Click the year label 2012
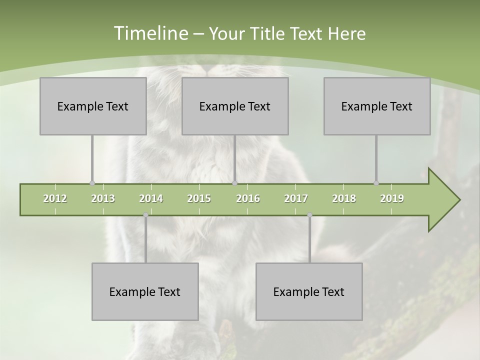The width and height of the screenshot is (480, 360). click(x=55, y=198)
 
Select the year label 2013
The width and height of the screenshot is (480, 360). click(x=103, y=198)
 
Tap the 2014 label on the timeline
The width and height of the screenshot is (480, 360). click(x=151, y=198)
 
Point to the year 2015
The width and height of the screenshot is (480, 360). click(x=199, y=198)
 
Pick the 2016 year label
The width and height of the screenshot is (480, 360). click(x=248, y=198)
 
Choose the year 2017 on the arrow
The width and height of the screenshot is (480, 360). click(x=296, y=198)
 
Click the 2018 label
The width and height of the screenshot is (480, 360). click(x=344, y=198)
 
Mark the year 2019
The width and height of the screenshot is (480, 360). click(x=392, y=198)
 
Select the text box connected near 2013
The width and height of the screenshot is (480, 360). click(x=93, y=106)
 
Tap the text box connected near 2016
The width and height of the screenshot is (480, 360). click(x=235, y=106)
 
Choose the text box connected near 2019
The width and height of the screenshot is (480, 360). click(x=377, y=106)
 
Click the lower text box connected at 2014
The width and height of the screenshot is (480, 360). click(x=145, y=291)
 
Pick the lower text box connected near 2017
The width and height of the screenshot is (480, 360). click(x=309, y=291)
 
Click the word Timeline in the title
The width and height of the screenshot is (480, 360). click(x=150, y=33)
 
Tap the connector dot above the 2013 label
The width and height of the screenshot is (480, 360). click(x=92, y=183)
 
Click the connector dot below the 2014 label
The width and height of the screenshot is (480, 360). click(x=145, y=215)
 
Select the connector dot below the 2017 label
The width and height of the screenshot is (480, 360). click(x=309, y=215)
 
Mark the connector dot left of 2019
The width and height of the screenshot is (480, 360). click(x=376, y=183)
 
